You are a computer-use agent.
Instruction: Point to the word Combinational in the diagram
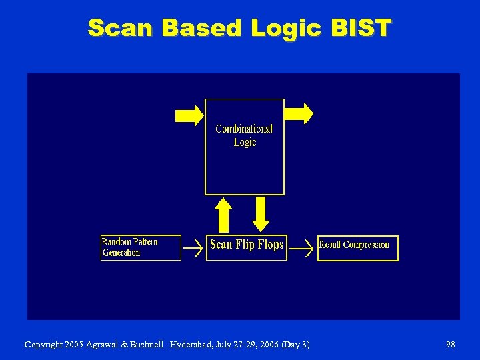coord(244,129)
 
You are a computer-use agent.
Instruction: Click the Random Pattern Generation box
coord(141,247)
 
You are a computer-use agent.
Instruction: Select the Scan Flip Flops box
coord(246,245)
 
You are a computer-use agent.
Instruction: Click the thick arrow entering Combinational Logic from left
coord(189,115)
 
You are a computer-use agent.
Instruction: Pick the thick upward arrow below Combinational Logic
coord(223,214)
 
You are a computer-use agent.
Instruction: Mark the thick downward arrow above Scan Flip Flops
coord(261,213)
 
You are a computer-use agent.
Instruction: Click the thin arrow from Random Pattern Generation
coord(193,248)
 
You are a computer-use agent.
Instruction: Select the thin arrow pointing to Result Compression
coord(303,248)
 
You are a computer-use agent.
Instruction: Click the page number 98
coord(451,344)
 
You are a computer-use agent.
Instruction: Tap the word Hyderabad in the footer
coord(191,344)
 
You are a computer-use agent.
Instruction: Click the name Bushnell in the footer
coord(146,344)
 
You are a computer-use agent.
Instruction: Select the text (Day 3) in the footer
coord(295,344)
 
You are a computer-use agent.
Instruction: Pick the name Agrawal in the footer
coord(104,345)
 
